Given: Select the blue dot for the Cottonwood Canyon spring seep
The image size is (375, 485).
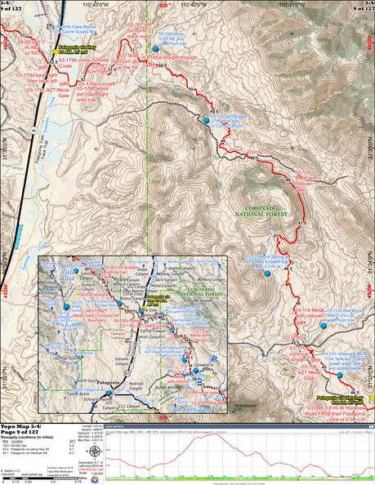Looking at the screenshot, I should point(205,119).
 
